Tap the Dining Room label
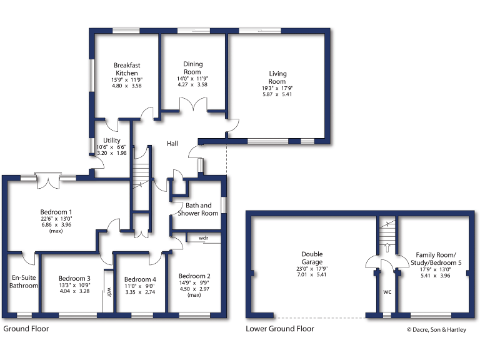point(193,68)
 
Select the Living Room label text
point(277,77)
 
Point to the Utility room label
point(112,141)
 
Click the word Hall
point(172,144)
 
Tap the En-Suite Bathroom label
point(24,281)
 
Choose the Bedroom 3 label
point(74,279)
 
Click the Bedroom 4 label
point(140,279)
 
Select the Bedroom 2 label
point(194,276)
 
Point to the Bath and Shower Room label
point(198,209)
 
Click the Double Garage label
point(312,259)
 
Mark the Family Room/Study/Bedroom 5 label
point(438,259)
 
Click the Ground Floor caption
point(26,328)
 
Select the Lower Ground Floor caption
point(279,328)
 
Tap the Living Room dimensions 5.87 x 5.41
point(277,94)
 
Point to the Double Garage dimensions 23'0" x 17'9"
point(312,269)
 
